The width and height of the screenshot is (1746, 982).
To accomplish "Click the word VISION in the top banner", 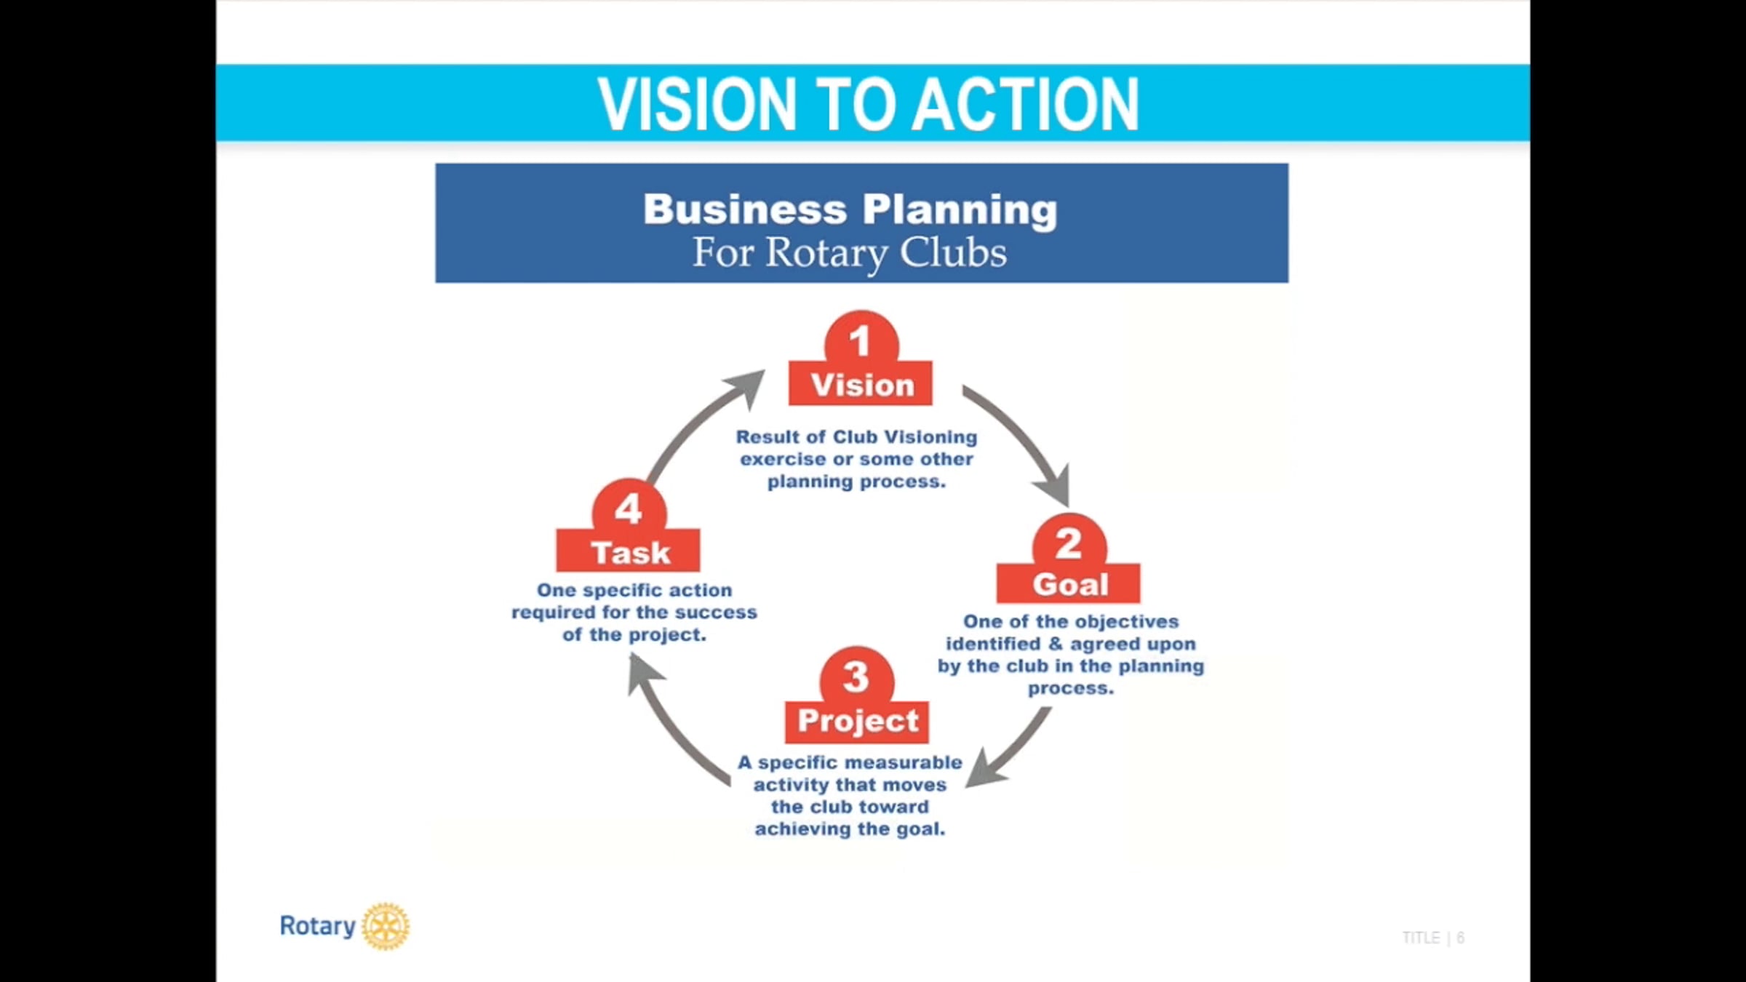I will [x=697, y=105].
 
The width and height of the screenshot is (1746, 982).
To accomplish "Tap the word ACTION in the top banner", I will [x=1025, y=105].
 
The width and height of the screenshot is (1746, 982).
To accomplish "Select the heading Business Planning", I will [x=850, y=209].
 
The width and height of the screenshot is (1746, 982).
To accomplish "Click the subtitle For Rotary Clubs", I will [x=849, y=253].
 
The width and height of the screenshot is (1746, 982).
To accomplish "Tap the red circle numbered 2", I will [x=1069, y=542].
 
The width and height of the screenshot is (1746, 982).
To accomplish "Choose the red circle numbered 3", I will [x=856, y=676].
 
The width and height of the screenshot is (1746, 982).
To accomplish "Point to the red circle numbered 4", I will [x=629, y=507].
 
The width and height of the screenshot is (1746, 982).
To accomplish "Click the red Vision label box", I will [x=861, y=385].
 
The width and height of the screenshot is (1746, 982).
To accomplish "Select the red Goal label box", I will [x=1069, y=584].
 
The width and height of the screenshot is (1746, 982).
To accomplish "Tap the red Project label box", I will [x=857, y=721].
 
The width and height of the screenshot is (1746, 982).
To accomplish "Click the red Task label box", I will [x=629, y=552].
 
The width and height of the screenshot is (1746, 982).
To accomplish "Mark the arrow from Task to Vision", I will [x=698, y=422].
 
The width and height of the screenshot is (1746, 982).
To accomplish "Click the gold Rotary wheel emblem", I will [x=386, y=926].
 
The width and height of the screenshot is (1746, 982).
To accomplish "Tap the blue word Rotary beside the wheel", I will [x=317, y=926].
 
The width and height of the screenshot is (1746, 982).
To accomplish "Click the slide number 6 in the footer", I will [x=1460, y=938].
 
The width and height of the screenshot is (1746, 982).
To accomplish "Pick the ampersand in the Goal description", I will [x=1056, y=644].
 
